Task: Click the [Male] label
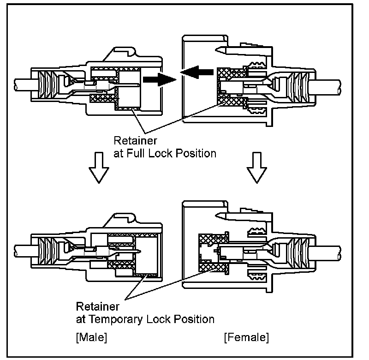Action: pyautogui.click(x=91, y=337)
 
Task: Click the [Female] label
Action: pyautogui.click(x=246, y=337)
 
